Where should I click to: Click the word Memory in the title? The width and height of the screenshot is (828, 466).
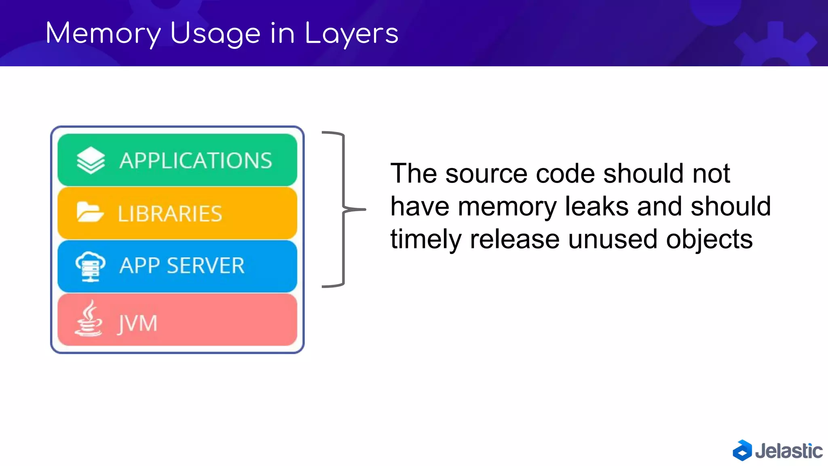click(x=103, y=34)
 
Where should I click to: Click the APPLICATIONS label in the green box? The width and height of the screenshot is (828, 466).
click(x=196, y=161)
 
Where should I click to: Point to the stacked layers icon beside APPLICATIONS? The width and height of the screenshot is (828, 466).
click(x=91, y=160)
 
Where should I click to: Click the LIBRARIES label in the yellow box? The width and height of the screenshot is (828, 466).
click(x=170, y=214)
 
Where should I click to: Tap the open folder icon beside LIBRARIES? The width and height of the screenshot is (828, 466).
click(x=90, y=212)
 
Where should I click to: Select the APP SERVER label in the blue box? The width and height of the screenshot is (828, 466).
click(x=182, y=266)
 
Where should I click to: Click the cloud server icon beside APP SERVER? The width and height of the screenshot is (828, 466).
click(x=91, y=266)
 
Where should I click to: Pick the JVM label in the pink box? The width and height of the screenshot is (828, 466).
click(x=137, y=324)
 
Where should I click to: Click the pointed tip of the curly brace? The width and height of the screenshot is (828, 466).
click(x=363, y=210)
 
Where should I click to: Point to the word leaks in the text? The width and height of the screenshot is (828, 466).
click(x=597, y=206)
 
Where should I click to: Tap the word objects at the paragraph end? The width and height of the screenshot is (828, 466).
click(x=709, y=239)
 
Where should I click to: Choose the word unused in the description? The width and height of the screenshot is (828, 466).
click(x=613, y=239)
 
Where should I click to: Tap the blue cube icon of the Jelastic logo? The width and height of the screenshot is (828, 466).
click(x=742, y=450)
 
